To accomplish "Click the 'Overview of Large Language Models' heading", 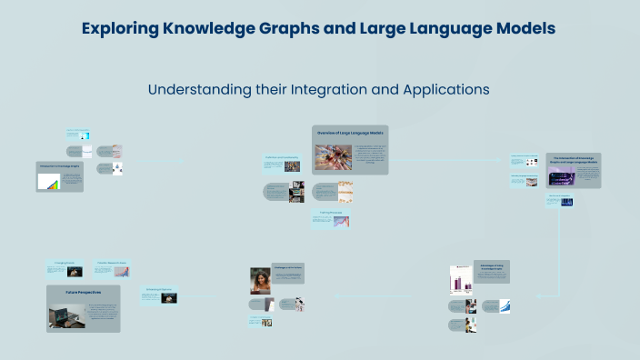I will coord(350,134).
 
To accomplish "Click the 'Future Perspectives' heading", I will coord(83,292).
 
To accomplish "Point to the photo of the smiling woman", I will coord(260,280).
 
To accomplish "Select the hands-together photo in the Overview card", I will coord(333,158).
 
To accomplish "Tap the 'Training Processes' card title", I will coord(331,213).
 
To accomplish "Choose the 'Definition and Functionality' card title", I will coord(282,157).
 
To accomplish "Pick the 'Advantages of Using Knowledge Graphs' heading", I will coord(491,267).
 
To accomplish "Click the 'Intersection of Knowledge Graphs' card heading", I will coord(573,160).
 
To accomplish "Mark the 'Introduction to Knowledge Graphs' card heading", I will coord(59,166).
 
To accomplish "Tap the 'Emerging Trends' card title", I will coord(65,264).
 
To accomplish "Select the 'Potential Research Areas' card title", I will coord(112,264).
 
